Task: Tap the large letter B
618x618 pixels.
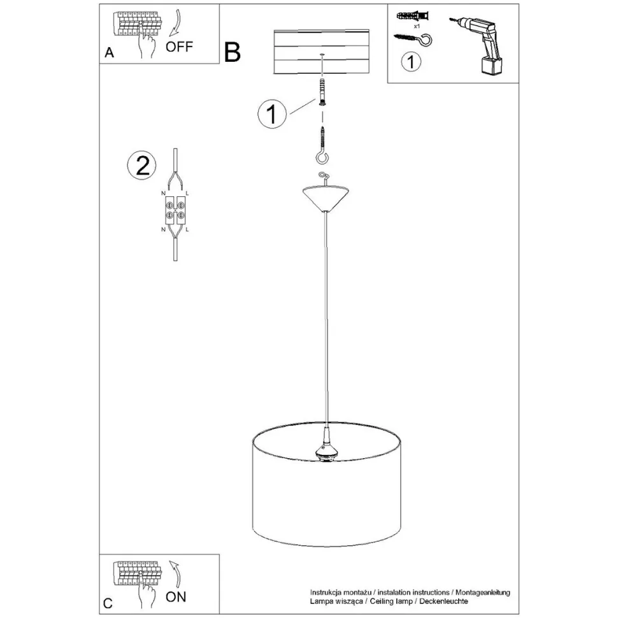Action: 233,52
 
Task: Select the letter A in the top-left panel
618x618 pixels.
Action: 109,54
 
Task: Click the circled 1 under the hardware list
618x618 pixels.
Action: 412,62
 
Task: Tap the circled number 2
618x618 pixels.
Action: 141,166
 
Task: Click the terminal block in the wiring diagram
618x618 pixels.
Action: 175,211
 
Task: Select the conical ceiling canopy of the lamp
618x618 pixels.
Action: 326,197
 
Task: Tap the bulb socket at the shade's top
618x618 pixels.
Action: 326,447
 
